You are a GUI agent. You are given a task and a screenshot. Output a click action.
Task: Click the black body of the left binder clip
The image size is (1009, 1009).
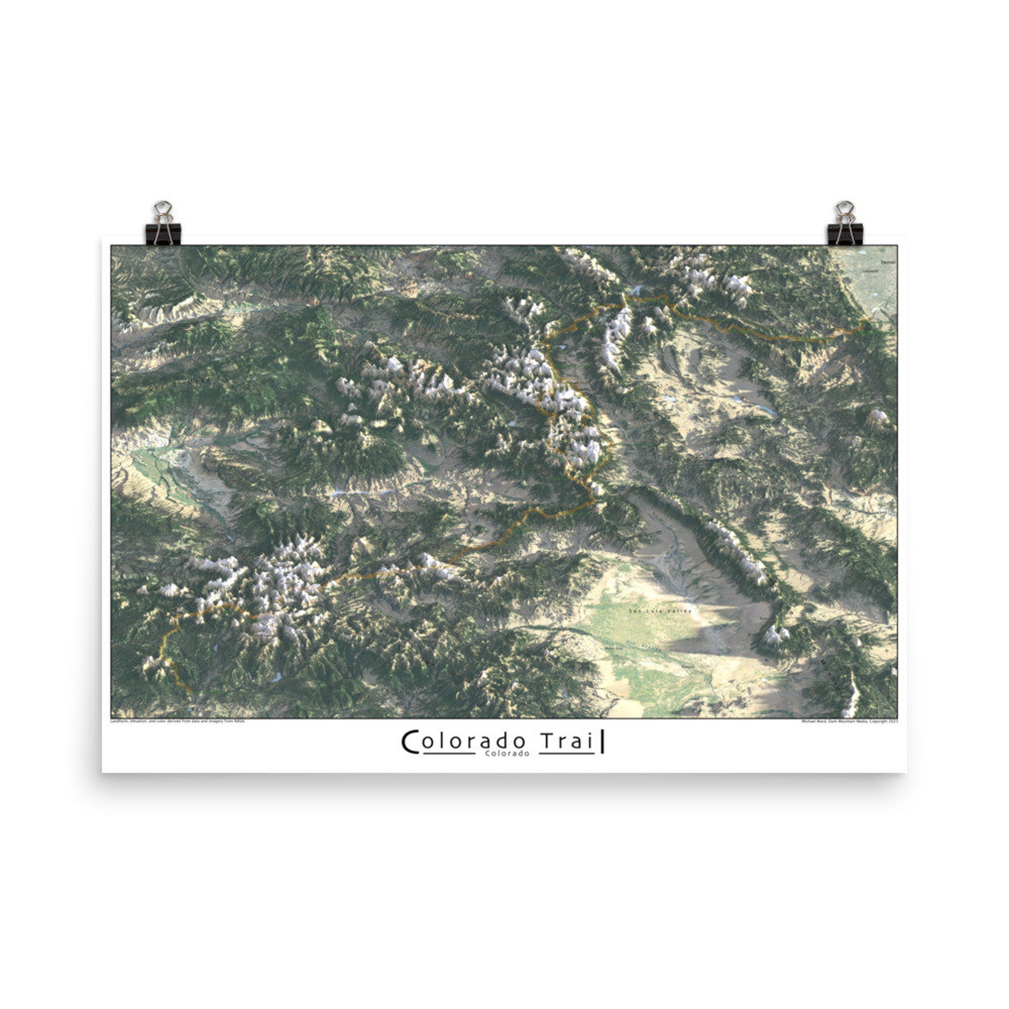pyautogui.click(x=165, y=233)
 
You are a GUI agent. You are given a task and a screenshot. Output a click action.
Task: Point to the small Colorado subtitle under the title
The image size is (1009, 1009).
pyautogui.click(x=506, y=754)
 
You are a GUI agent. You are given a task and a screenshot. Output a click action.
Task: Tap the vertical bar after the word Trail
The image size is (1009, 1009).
pyautogui.click(x=602, y=742)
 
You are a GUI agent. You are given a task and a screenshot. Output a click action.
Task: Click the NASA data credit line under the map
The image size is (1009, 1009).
pyautogui.click(x=177, y=721)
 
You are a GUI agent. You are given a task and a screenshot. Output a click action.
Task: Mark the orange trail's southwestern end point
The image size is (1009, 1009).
pyautogui.click(x=191, y=693)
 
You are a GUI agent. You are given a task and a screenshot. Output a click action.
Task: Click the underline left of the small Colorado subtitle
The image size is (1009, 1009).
pyautogui.click(x=448, y=754)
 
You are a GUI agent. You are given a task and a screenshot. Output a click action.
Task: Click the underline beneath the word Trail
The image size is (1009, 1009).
pyautogui.click(x=567, y=754)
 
